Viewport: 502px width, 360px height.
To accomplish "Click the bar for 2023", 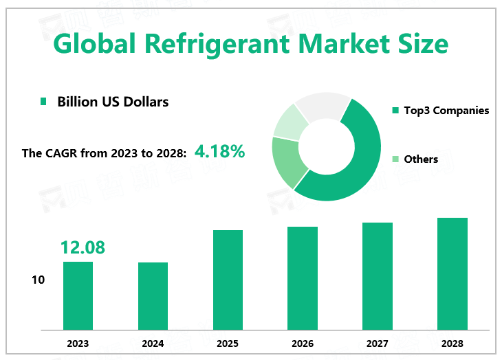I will [x=78, y=295].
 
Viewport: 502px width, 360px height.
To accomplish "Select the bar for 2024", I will [x=153, y=295].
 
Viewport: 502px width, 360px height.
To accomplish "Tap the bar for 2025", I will [x=228, y=280].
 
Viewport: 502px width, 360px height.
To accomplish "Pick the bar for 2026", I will [x=303, y=278].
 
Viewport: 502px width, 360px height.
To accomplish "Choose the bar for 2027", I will [x=378, y=275].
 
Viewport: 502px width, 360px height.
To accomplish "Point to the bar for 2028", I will [x=452, y=273].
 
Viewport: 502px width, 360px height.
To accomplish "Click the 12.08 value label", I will [x=83, y=247].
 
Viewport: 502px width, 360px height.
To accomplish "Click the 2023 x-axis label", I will [x=78, y=344].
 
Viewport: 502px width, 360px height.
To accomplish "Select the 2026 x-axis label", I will [x=303, y=344].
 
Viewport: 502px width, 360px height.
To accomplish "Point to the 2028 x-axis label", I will [x=452, y=344].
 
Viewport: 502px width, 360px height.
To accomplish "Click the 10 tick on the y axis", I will [x=38, y=280].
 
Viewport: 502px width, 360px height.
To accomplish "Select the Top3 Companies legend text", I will [x=446, y=110].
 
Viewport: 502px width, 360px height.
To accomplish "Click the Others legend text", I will [x=421, y=159].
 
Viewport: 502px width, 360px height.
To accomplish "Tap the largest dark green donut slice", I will [x=358, y=165].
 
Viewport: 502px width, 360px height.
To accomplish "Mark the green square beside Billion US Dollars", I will [x=43, y=102].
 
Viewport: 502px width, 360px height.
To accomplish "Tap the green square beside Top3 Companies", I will [x=395, y=110].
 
